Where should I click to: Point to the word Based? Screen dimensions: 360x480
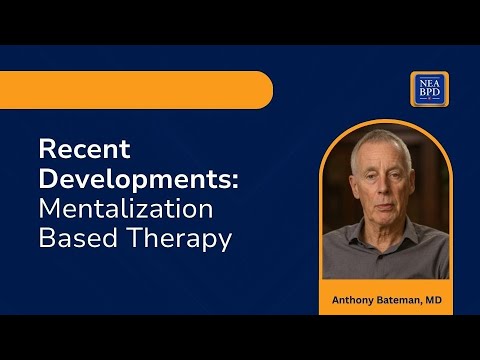[76, 240]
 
